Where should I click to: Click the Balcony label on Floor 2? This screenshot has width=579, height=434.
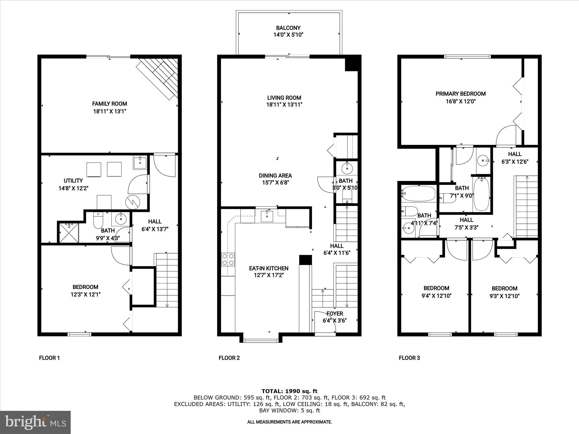point(288,28)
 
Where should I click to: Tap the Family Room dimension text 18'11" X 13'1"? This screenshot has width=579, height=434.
point(109,111)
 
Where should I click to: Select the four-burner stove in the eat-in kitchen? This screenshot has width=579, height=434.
point(228,259)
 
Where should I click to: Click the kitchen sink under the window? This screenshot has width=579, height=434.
point(267,216)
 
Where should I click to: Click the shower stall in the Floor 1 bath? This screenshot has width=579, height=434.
point(68,233)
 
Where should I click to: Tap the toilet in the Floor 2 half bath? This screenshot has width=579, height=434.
point(347,195)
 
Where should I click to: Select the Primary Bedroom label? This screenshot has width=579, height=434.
point(461,94)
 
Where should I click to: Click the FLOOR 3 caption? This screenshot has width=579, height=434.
point(409,358)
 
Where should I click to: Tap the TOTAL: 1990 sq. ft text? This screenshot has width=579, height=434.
point(289,391)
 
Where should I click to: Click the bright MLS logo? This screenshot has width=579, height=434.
point(35,422)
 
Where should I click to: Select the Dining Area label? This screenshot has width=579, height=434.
point(275,176)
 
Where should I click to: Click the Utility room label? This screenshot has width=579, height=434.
point(73,181)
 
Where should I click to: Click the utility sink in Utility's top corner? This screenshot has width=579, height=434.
point(140,163)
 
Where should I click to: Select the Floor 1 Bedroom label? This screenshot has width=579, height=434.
point(85,287)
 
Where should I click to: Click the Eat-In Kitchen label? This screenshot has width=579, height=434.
point(269,268)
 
